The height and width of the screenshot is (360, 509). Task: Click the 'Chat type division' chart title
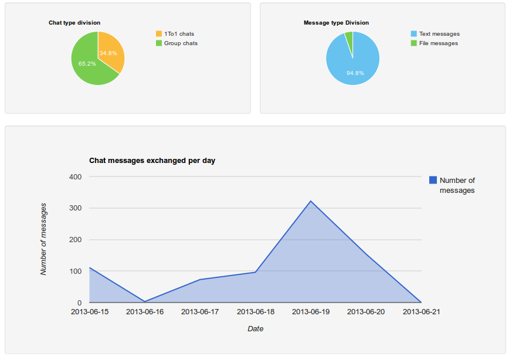pos(74,23)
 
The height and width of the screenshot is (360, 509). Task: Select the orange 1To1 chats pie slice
pos(110,52)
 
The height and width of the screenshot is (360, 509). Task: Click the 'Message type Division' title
pos(336,23)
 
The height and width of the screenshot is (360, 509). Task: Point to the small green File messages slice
pos(349,38)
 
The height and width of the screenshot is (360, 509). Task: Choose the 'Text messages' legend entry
pos(439,34)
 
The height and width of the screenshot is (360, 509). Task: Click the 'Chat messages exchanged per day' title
pos(152,160)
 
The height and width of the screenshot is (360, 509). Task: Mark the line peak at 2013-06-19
pos(311,201)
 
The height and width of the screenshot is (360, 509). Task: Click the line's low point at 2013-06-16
pos(145,301)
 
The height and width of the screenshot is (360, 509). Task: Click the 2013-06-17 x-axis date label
pos(200,312)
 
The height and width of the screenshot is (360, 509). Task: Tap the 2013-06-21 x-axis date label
pos(421,312)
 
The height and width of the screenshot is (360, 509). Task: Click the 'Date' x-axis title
pos(255,329)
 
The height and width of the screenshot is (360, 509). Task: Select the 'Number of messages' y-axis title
pos(43,239)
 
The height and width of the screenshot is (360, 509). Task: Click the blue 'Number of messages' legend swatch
pos(433,181)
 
